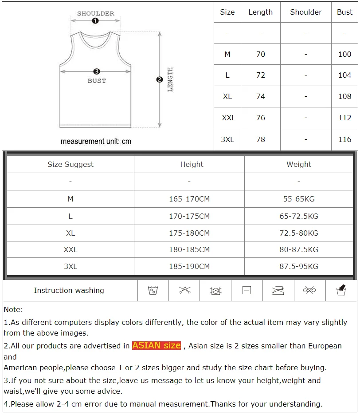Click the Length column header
[260, 12]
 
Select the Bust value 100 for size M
[344, 54]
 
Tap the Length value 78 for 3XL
[260, 139]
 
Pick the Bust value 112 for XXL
[344, 118]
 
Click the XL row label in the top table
[227, 97]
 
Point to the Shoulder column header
[305, 12]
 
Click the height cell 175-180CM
[189, 233]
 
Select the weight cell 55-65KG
[299, 199]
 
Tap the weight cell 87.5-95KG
[299, 267]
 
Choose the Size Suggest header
[70, 164]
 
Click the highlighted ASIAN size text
[157, 345]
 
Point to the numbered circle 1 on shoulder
[95, 21]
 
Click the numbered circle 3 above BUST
[97, 71]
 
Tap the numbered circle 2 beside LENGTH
[160, 79]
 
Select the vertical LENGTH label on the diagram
[170, 79]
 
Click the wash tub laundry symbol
[153, 291]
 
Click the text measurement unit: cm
[96, 142]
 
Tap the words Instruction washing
[69, 291]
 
